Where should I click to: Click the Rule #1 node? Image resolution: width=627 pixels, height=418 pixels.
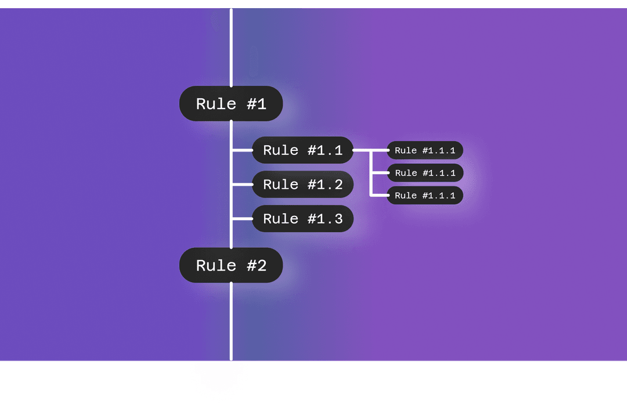click(x=230, y=104)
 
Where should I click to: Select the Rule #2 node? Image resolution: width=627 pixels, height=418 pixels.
click(x=230, y=265)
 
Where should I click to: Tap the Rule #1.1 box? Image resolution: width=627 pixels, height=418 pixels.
click(x=302, y=150)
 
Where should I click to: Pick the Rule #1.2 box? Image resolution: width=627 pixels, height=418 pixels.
click(x=302, y=185)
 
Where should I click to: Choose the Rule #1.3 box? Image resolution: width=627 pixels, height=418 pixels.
click(x=302, y=219)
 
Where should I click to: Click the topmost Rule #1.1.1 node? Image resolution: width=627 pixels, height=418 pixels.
click(x=425, y=150)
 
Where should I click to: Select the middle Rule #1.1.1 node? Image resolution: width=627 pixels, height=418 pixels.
click(x=425, y=173)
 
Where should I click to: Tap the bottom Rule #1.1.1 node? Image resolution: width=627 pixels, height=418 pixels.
click(x=425, y=196)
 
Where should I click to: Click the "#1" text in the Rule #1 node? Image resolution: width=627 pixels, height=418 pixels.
click(x=256, y=104)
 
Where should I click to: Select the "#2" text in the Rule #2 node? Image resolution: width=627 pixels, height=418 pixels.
click(x=256, y=265)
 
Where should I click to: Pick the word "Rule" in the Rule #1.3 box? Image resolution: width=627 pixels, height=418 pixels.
click(x=281, y=219)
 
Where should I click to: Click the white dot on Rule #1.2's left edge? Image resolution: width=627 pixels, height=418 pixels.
click(x=253, y=185)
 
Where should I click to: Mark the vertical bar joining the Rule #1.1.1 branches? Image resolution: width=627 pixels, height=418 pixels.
click(x=372, y=173)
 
